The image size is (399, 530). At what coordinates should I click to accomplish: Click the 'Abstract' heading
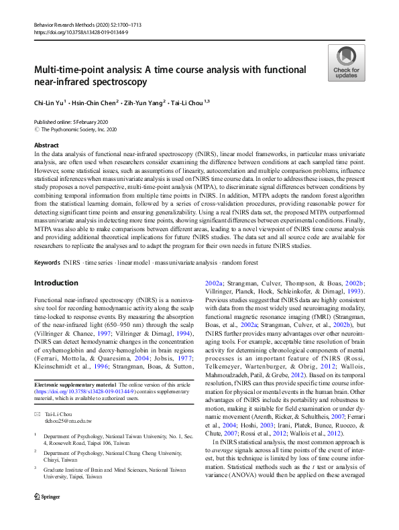tap(46, 145)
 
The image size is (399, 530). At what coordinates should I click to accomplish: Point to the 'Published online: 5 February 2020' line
tap(70, 121)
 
